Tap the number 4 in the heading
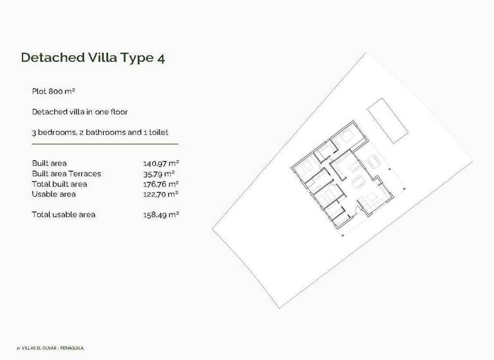(160, 57)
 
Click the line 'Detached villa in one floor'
(80, 112)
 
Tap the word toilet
(158, 132)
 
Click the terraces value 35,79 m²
(159, 174)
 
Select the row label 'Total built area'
(59, 184)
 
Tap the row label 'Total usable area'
(64, 215)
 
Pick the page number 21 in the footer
(18, 348)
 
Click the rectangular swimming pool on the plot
(387, 121)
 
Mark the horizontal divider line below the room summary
(105, 144)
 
